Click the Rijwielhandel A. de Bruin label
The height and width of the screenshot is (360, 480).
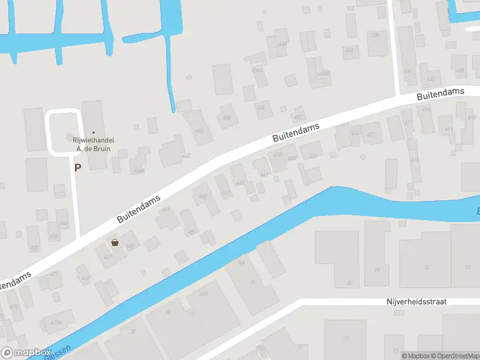point(93,144)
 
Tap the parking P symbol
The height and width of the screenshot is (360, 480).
point(77,168)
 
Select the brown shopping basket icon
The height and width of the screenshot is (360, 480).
point(115,242)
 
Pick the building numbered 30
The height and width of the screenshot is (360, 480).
point(349,283)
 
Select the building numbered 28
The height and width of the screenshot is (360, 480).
point(377,269)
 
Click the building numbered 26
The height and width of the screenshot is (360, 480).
point(427,267)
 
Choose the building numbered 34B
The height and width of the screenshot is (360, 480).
point(203,293)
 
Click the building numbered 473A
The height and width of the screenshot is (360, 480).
point(56,322)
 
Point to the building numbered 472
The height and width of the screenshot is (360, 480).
point(34,248)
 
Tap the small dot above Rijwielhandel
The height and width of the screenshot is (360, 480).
point(93,132)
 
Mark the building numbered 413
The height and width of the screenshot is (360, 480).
point(426,109)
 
